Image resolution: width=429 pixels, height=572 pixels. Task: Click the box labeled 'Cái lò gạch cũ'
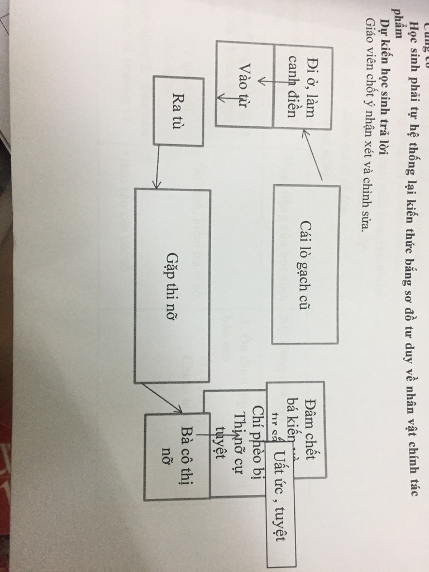(306, 264)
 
